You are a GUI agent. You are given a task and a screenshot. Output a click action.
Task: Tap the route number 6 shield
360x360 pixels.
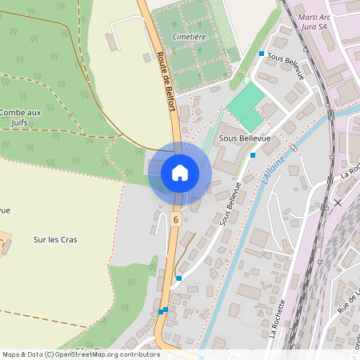pos(175,218)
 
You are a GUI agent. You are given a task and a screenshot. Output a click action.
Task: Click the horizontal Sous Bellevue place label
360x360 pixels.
pos(243,137)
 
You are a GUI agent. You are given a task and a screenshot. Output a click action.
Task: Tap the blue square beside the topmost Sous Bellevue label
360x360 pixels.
pos(262,54)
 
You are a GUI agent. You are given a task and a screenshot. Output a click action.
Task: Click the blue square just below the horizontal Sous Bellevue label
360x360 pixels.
pos(253,155)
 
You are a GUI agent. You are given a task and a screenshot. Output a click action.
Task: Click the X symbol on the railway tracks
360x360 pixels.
pos(338,202)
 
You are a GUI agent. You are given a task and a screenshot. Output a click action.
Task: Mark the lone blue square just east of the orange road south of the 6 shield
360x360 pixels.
pos(179,278)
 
